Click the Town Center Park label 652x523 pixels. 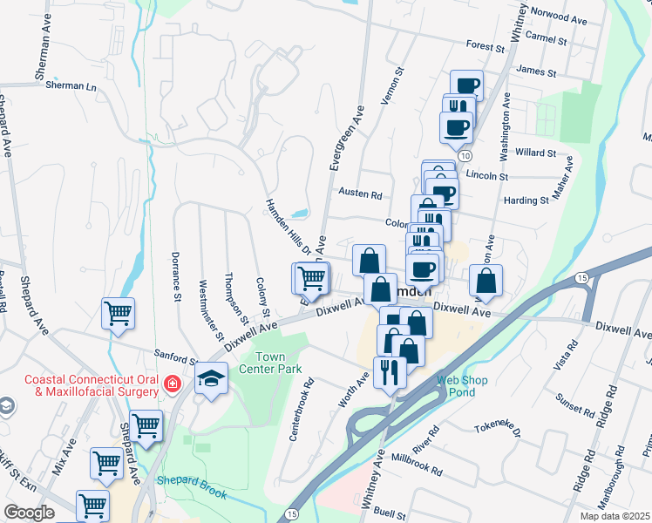[281, 362]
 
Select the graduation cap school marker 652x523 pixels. [210, 380]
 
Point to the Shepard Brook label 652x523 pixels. [191, 486]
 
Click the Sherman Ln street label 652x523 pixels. [71, 86]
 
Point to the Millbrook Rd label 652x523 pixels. [418, 463]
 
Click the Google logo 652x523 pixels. [29, 513]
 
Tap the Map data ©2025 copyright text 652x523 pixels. [615, 516]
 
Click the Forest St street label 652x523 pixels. [486, 45]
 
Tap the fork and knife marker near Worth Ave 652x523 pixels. [389, 372]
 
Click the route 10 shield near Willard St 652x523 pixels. [465, 155]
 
